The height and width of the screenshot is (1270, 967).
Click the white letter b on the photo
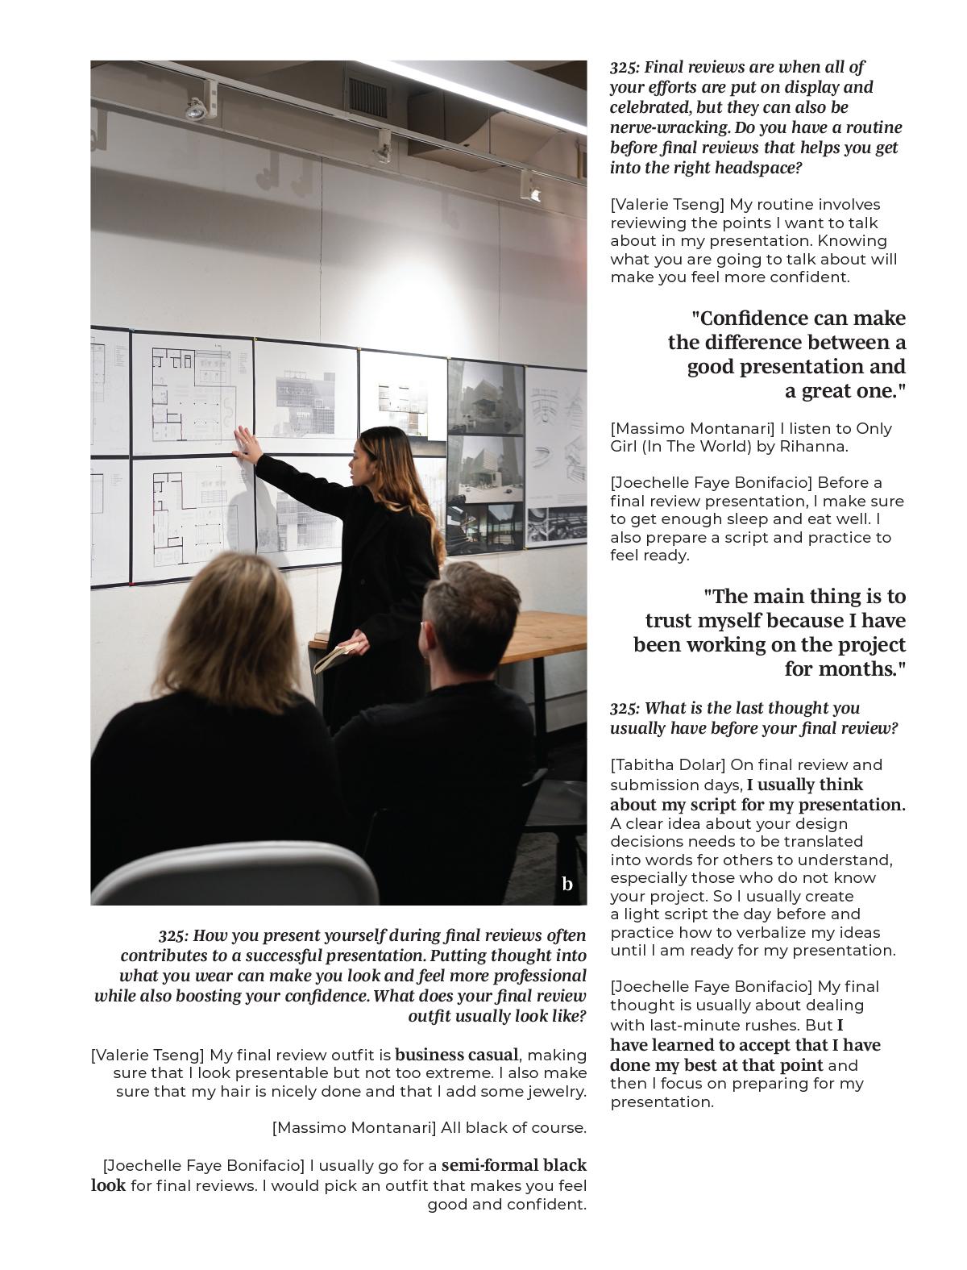click(567, 884)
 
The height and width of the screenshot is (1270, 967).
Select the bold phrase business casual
click(456, 1055)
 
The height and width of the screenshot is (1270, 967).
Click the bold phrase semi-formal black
click(514, 1165)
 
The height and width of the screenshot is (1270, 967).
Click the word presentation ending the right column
click(661, 1101)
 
